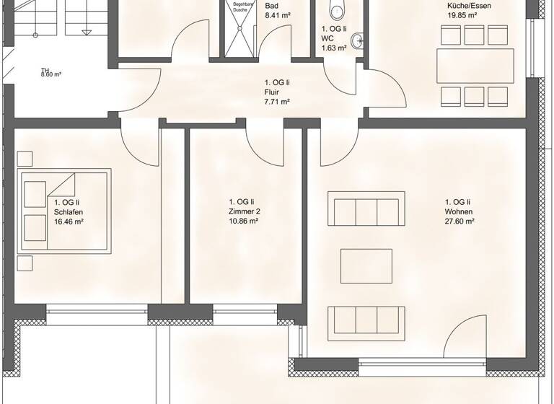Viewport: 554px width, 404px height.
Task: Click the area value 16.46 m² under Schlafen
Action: (69, 222)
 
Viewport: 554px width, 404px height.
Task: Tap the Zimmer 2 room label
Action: (244, 212)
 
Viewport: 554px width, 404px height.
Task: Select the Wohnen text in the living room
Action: (458, 212)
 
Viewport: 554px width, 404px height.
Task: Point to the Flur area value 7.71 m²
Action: (277, 102)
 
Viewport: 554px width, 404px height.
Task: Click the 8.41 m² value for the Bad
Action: (277, 14)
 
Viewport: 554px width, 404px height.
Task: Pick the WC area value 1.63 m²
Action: (334, 48)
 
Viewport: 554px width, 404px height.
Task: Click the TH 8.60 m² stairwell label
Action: (50, 73)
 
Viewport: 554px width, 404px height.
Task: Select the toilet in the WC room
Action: (335, 9)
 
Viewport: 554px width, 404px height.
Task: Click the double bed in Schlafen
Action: (65, 209)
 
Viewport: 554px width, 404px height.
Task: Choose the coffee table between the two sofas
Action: (366, 265)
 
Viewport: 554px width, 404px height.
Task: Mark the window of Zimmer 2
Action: (245, 312)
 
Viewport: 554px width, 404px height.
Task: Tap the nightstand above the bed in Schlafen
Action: (26, 159)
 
